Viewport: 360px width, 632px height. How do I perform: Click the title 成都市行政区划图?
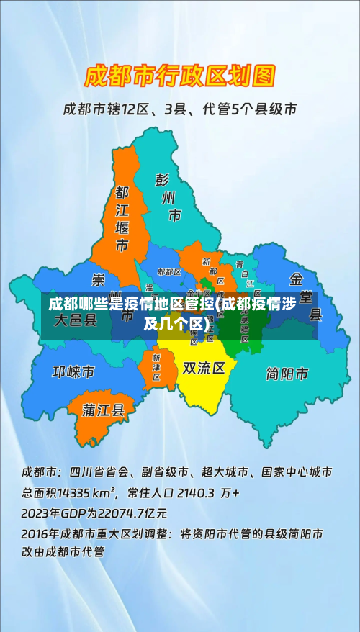click(180, 75)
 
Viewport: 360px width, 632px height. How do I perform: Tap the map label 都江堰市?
click(122, 219)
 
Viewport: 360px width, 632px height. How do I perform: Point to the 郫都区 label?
click(169, 272)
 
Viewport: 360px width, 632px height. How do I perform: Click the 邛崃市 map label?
click(73, 372)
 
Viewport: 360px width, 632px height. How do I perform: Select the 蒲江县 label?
click(104, 410)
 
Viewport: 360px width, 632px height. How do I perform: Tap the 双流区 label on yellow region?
click(204, 369)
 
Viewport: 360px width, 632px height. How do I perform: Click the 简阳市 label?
click(287, 374)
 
